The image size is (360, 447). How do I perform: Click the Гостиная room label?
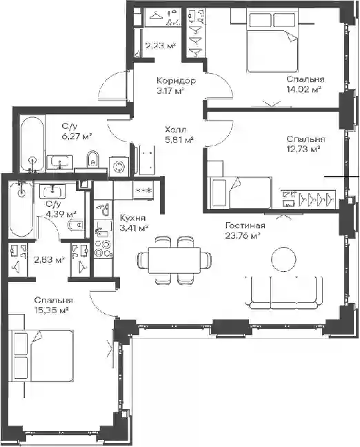[x=245, y=226]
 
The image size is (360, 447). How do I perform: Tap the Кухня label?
[x=132, y=218]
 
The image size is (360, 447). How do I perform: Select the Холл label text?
[x=176, y=130]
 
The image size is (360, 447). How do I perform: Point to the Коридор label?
[x=176, y=81]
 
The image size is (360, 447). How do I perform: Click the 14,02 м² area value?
[x=304, y=90]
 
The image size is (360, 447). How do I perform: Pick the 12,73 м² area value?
[x=303, y=149]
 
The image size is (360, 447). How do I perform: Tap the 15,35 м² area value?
[x=52, y=310]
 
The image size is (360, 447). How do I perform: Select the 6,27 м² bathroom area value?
[x=77, y=136]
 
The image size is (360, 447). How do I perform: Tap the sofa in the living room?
[x=283, y=292]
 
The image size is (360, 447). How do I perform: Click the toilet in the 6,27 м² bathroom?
[x=92, y=159]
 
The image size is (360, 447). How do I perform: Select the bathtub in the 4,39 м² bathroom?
[x=21, y=210]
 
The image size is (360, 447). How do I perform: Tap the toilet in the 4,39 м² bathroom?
[x=76, y=226]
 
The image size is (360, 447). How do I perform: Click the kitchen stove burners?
[x=103, y=248]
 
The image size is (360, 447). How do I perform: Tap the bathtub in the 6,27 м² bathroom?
[x=32, y=144]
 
